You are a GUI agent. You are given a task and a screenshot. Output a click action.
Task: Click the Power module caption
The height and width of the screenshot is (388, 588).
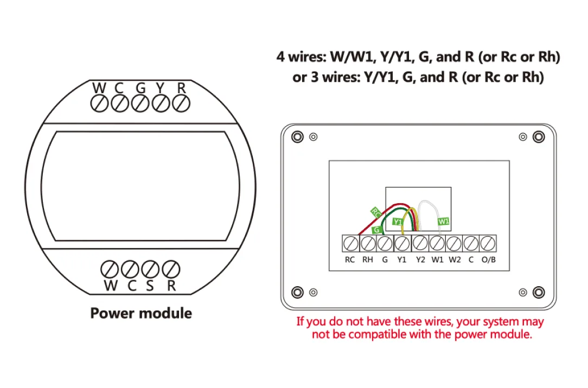click(141, 313)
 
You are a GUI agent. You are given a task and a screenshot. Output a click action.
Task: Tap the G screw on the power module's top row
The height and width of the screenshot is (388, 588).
click(140, 103)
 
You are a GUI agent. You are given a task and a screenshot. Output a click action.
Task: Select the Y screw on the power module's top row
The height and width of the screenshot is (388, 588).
click(161, 103)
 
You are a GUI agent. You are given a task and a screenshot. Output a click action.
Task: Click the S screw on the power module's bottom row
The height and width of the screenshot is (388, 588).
click(151, 269)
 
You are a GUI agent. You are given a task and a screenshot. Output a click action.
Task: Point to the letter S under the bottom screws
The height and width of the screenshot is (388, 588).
click(150, 286)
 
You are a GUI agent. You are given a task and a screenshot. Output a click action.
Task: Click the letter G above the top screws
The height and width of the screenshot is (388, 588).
click(140, 87)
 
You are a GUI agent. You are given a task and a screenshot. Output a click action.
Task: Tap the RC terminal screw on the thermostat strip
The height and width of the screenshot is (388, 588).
click(350, 243)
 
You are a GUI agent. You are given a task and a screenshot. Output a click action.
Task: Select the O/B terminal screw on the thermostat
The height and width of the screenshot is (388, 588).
click(488, 243)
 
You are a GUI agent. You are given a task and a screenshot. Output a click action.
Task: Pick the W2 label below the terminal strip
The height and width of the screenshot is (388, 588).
click(455, 260)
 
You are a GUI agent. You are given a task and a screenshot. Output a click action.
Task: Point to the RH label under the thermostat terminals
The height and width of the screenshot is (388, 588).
click(367, 260)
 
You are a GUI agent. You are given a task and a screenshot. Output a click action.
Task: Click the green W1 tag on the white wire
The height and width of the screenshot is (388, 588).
click(444, 221)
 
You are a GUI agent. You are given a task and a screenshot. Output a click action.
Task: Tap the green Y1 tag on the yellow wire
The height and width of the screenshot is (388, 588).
click(398, 222)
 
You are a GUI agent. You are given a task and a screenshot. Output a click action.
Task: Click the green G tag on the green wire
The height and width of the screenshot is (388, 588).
click(376, 230)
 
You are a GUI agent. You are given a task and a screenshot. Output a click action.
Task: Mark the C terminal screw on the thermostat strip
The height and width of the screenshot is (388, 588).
click(471, 243)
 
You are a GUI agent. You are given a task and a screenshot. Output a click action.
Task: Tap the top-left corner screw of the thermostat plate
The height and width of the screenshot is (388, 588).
click(297, 137)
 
